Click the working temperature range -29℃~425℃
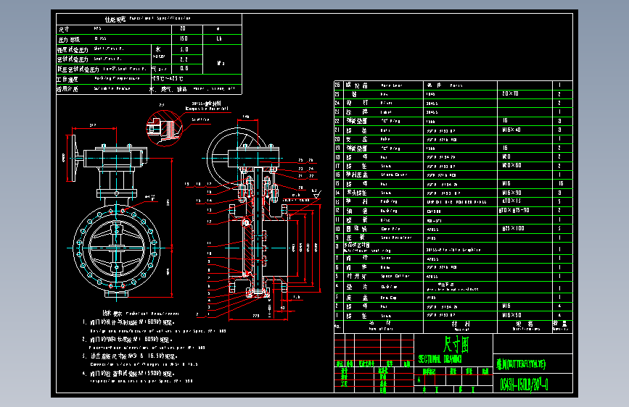167,77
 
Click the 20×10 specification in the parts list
511,94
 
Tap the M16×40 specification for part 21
512,130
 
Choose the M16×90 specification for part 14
512,192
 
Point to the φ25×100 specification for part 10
511,228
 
